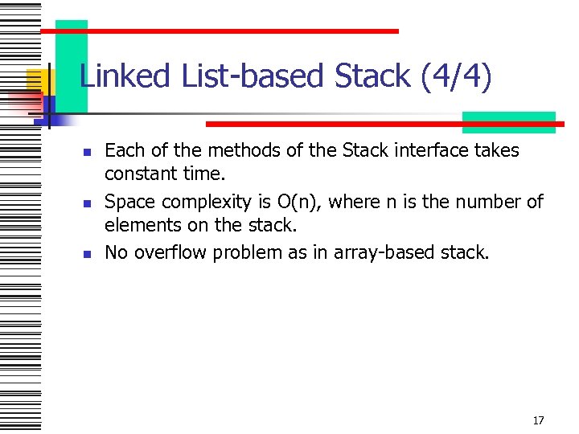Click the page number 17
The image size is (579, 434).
point(538,420)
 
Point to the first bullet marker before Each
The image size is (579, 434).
point(88,152)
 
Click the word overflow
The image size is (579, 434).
point(169,252)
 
